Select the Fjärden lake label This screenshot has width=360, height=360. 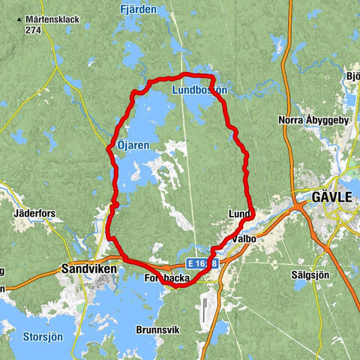pyautogui.click(x=137, y=10)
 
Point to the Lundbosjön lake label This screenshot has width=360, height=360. pyautogui.click(x=199, y=90)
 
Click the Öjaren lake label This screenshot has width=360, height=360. pyautogui.click(x=133, y=144)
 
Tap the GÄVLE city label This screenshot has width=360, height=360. pyautogui.click(x=331, y=198)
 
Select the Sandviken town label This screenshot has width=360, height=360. pyautogui.click(x=85, y=266)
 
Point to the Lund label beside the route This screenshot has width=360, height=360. pyautogui.click(x=238, y=215)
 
